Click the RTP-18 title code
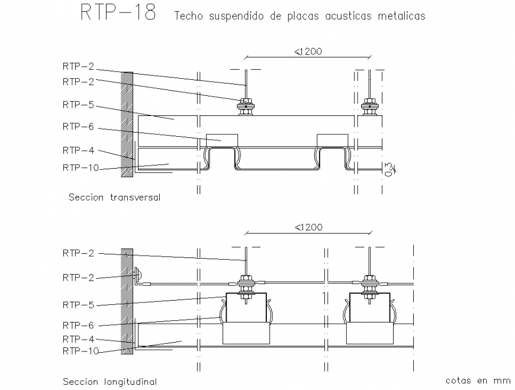tap(118, 14)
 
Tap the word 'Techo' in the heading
tap(188, 17)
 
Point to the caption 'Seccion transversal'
tap(114, 197)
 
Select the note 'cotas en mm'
tap(469, 381)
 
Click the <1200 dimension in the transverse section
tap(307, 51)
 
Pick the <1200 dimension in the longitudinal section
tap(307, 227)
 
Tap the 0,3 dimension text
tap(388, 169)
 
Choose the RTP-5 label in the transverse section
tap(78, 105)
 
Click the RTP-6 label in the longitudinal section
tap(78, 325)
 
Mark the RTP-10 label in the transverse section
tap(81, 167)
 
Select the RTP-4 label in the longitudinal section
tap(78, 339)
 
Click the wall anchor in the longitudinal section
tap(137, 275)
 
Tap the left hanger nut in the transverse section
tap(245, 108)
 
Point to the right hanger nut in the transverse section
tap(369, 108)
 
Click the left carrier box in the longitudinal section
tap(245, 318)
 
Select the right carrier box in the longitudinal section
tap(369, 318)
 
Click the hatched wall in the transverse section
tap(127, 124)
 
